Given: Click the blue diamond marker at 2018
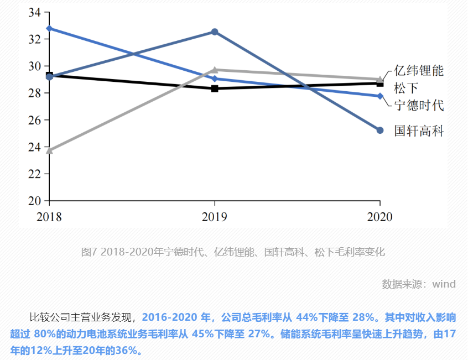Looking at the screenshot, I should pos(49,28).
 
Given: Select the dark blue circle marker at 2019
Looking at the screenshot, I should pos(215,32).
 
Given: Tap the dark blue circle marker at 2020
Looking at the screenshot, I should pos(380,131).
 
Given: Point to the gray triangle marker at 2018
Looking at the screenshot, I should pos(49,150).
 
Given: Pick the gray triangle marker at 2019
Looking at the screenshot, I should pos(215,70).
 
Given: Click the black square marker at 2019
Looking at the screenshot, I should pos(215,88).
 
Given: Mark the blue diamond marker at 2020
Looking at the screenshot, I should pos(380,96).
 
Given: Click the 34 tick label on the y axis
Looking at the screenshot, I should pos(35,12).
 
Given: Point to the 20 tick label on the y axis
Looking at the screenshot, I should pos(35,201).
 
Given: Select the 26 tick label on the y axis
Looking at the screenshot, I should pos(35,120).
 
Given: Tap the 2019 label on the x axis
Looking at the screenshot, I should pos(215,216).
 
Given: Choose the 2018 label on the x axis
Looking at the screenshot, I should pos(49,216).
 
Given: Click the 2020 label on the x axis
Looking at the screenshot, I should pos(379,216).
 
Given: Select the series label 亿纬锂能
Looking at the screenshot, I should pos(419,71).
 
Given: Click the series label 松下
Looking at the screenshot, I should pos(406,87).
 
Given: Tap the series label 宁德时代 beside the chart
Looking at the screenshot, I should pos(419,105).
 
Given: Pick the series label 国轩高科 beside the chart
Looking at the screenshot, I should pos(419,131).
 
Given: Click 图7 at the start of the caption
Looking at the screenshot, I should pos(89,252).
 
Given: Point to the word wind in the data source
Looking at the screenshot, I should pos(444,284).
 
